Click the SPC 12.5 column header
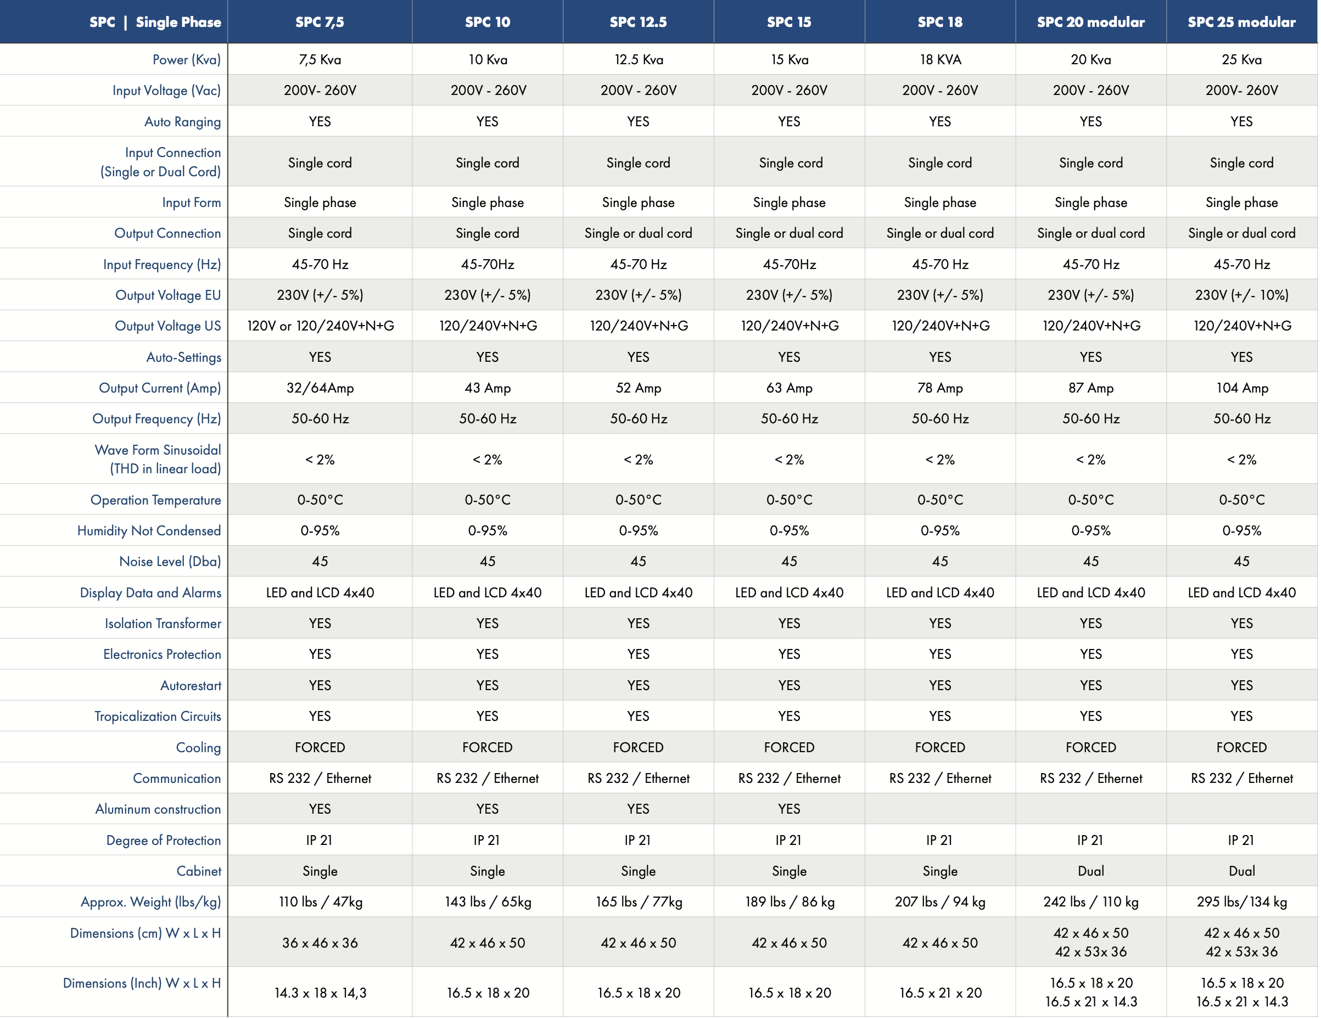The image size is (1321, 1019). [638, 23]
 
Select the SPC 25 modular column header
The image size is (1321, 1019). [1241, 23]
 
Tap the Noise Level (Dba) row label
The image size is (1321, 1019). [170, 562]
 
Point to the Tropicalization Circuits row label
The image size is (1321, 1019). [158, 716]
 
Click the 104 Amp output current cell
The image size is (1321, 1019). [1242, 388]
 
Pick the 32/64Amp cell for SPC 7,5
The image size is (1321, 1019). [320, 388]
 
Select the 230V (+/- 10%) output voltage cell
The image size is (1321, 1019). [1242, 295]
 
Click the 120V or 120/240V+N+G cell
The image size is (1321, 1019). [321, 326]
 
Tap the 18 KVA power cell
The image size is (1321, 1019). [940, 60]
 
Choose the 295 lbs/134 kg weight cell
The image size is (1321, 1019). [1242, 902]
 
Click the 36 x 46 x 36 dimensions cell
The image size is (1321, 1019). [320, 943]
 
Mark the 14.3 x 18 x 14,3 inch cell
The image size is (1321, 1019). [320, 993]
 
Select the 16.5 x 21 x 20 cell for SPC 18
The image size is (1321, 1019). [940, 993]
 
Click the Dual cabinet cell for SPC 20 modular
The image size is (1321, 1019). [1090, 871]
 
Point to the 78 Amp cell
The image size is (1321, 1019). [940, 388]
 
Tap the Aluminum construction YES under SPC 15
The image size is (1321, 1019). [789, 809]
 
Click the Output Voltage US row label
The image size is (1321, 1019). [167, 326]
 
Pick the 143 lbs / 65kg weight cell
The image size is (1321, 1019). [488, 902]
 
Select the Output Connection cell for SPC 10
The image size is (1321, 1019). [488, 233]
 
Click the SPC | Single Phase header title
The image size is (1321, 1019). [155, 23]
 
